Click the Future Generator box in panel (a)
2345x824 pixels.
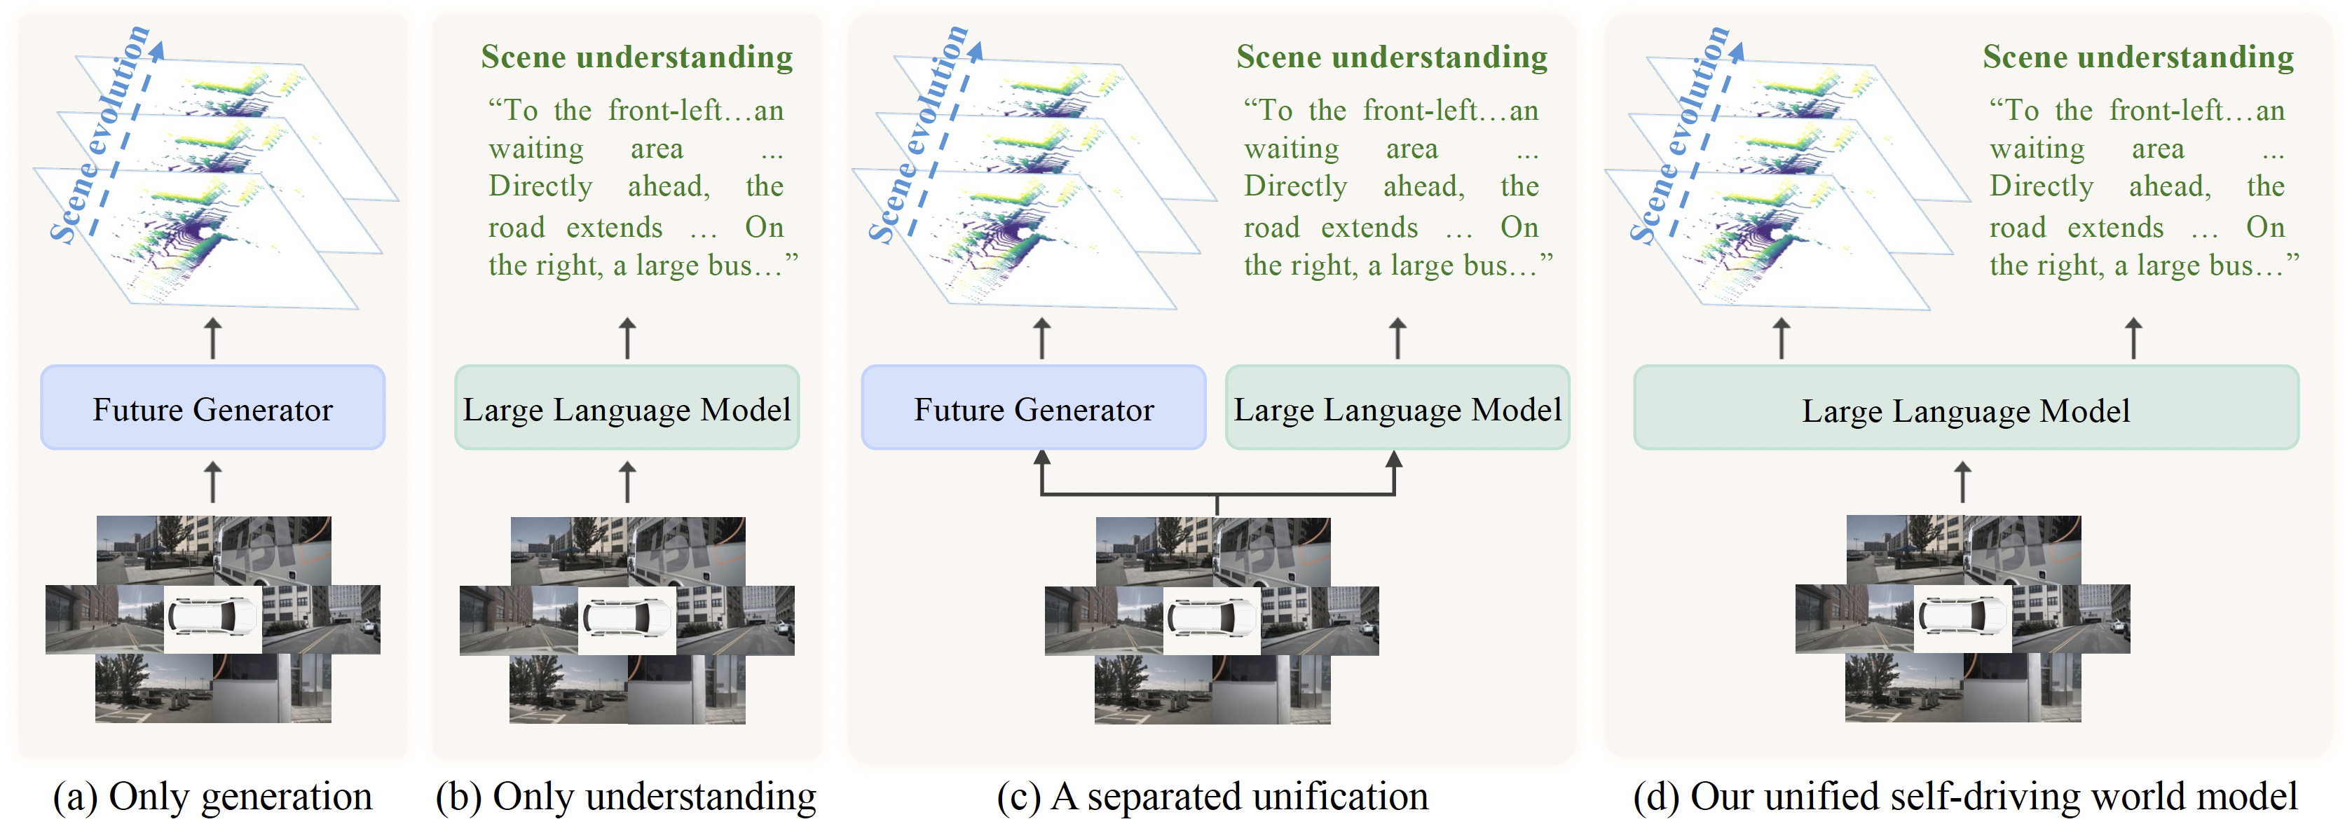click(x=213, y=408)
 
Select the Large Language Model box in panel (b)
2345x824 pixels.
click(x=627, y=408)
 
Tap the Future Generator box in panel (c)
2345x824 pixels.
click(x=1033, y=408)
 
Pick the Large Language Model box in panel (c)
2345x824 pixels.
click(x=1397, y=408)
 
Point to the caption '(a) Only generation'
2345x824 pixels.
click(x=212, y=797)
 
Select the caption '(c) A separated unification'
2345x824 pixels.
click(x=1212, y=797)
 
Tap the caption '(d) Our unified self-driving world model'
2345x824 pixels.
click(x=1965, y=797)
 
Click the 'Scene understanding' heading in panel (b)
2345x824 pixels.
click(x=636, y=57)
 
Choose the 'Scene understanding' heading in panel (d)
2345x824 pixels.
click(x=2138, y=57)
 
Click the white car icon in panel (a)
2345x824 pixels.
click(x=213, y=618)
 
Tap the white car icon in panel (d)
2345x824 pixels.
click(x=1962, y=618)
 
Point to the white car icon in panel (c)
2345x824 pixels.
click(x=1212, y=618)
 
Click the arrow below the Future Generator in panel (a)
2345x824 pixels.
click(x=213, y=481)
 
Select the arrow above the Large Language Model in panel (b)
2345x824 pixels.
click(x=627, y=338)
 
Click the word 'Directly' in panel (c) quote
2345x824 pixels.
click(x=1295, y=186)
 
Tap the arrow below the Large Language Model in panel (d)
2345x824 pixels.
click(x=1962, y=481)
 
